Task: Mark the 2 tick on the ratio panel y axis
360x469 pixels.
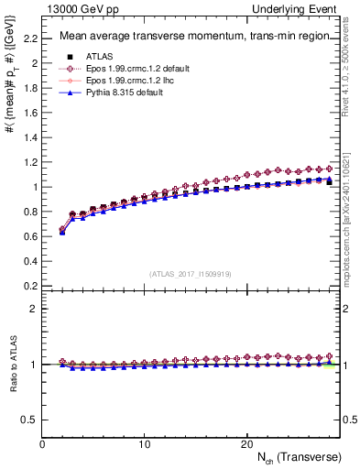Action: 35,309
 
